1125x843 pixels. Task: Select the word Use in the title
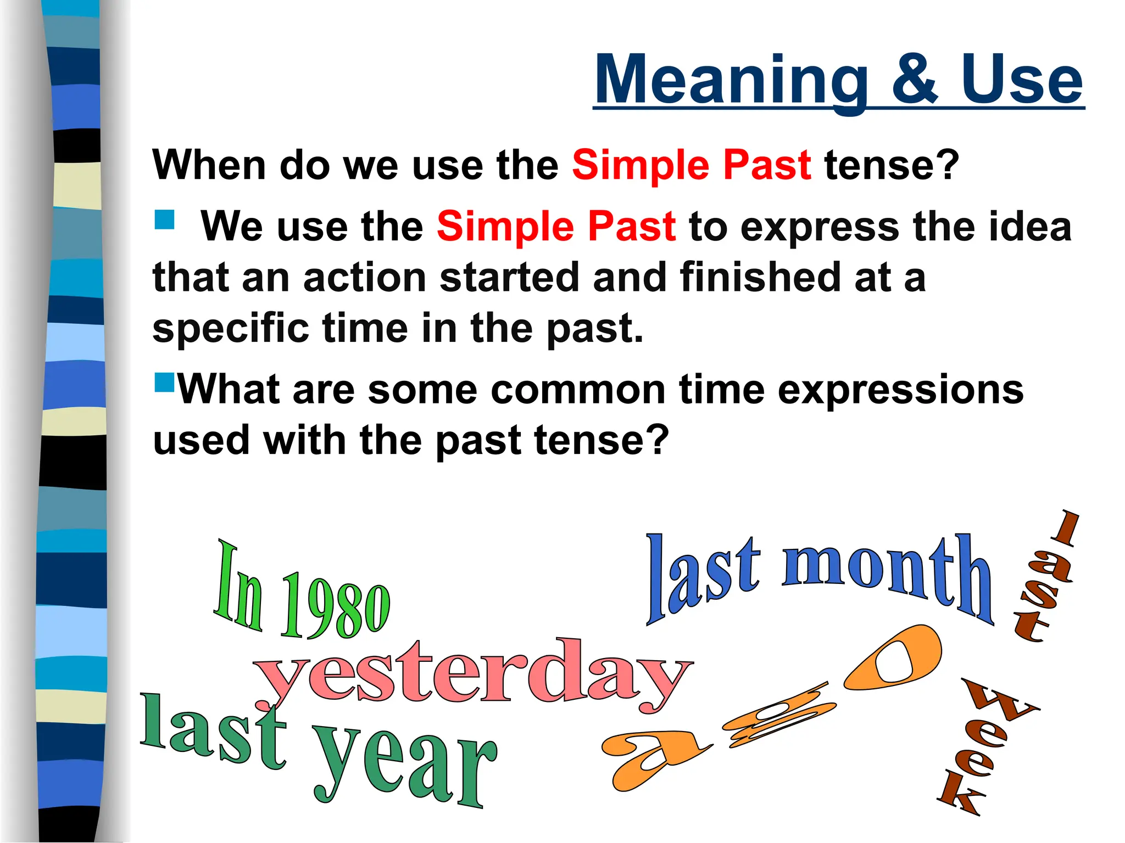[x=1021, y=81]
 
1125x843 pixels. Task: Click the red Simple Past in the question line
[x=691, y=165]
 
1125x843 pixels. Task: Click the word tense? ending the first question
[x=891, y=165]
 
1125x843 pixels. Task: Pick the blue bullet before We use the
[x=164, y=220]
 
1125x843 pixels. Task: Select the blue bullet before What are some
[x=164, y=382]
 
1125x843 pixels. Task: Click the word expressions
[x=900, y=389]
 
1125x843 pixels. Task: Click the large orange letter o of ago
[x=893, y=658]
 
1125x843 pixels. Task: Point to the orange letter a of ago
[x=651, y=757]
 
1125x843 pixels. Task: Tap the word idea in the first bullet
[x=1029, y=226]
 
